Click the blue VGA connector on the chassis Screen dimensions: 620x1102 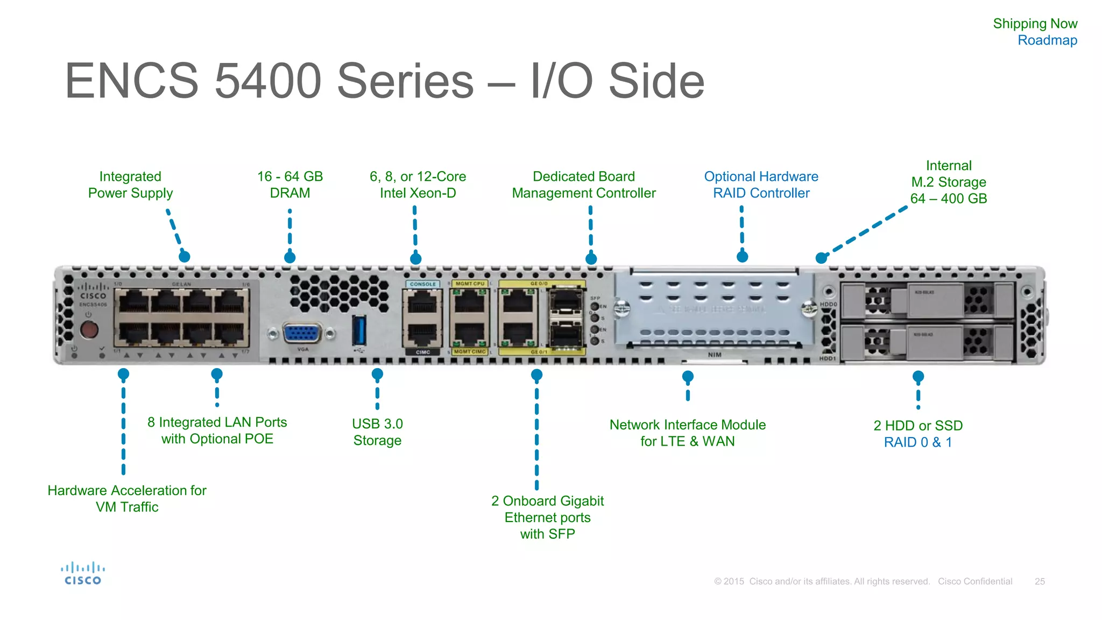[302, 334]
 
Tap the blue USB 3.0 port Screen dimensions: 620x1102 [359, 330]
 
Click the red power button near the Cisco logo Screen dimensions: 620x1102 [89, 329]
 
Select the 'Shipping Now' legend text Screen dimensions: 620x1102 [1035, 24]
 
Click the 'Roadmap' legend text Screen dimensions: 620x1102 [1047, 40]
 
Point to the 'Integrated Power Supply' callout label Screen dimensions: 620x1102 [130, 185]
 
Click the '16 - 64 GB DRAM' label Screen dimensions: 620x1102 [290, 185]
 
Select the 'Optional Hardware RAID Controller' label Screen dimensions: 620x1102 [761, 185]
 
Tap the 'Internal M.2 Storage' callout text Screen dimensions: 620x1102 [949, 182]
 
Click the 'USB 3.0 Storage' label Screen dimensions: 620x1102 [377, 432]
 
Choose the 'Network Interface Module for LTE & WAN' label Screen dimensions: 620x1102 [687, 433]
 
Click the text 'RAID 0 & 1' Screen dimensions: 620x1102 [918, 442]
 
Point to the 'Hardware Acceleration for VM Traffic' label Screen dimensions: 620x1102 [127, 498]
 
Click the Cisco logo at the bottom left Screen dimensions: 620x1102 [83, 574]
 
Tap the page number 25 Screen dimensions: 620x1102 [1040, 581]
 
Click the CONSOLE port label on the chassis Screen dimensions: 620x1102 [423, 284]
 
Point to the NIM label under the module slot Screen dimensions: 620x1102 [715, 355]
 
